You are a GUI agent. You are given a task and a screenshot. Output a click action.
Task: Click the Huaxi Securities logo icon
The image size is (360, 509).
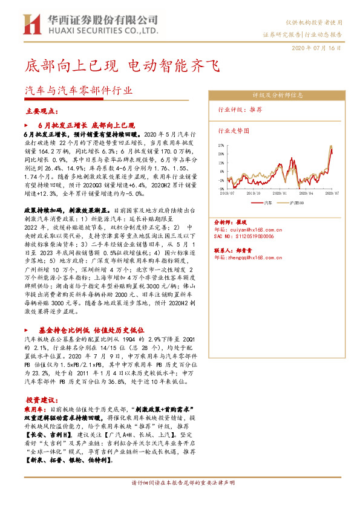31,24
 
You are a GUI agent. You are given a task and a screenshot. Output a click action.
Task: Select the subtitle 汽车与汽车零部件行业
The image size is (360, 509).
78,89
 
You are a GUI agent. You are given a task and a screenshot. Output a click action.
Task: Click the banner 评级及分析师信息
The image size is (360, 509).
277,96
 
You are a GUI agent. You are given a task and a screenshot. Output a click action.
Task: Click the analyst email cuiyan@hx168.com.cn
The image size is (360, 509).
246,230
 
